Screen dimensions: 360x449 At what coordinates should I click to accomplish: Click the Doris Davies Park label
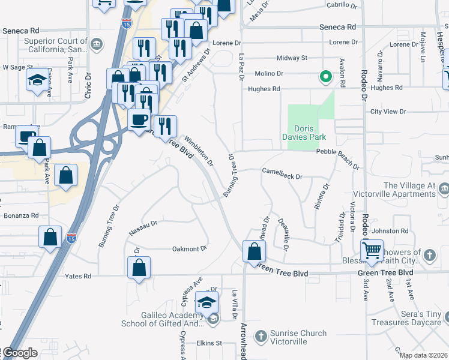[x=310, y=133]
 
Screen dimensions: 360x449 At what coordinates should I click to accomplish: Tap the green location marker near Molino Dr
[x=325, y=77]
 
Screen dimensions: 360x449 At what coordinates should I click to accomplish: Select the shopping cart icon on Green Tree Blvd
[x=373, y=250]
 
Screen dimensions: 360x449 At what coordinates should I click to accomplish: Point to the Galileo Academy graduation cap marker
[x=207, y=303]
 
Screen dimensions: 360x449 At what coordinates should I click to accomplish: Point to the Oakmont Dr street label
[x=190, y=248]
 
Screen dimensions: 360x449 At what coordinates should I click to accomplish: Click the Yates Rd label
[x=79, y=276]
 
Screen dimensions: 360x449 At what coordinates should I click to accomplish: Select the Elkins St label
[x=209, y=343]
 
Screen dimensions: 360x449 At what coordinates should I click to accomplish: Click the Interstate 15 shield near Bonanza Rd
[x=71, y=238]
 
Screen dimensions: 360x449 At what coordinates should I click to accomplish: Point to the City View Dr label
[x=388, y=112]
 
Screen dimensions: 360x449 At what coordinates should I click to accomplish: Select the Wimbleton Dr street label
[x=199, y=151]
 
